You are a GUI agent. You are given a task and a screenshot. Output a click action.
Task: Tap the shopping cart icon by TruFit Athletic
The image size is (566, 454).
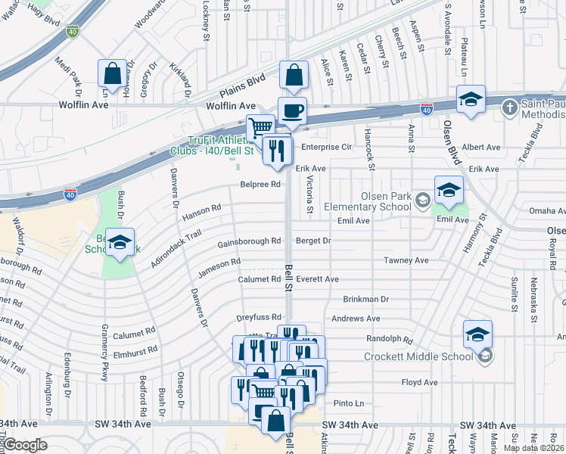pos(261,126)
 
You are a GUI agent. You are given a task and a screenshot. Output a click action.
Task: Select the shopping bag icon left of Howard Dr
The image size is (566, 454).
pos(112,74)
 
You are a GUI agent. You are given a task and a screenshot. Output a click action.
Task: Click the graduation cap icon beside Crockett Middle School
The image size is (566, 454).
pos(477,334)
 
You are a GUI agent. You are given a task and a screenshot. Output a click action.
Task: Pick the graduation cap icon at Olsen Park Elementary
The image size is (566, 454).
pos(449,189)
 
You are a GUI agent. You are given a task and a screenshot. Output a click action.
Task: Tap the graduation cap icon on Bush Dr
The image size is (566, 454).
pos(120,241)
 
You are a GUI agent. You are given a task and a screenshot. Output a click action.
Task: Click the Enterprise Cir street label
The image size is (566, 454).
pos(327,147)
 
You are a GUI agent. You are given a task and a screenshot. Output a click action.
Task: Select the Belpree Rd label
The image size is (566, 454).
pos(260,184)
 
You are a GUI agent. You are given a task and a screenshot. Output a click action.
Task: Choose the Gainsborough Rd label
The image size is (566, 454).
pos(249,241)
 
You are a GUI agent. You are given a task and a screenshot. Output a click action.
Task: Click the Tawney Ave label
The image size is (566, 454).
pos(406,260)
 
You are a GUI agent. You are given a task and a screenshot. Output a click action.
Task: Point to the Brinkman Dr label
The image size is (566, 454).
pos(365,300)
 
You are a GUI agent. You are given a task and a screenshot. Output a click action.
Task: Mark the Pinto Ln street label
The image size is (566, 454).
pos(349,403)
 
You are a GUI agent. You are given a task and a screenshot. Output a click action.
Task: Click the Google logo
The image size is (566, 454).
pos(25,445)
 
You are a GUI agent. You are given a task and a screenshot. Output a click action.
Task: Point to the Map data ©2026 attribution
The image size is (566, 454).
pos(534,448)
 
